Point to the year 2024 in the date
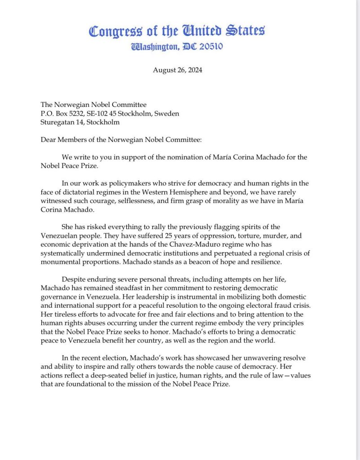pyautogui.click(x=194, y=70)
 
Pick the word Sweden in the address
pyautogui.click(x=167, y=114)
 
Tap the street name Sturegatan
pyautogui.click(x=57, y=122)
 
